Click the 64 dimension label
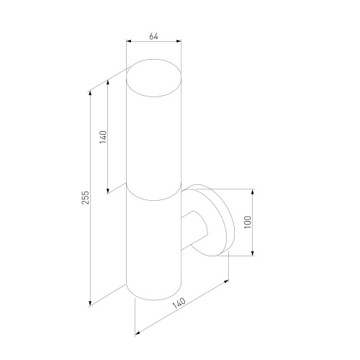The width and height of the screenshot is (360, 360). [x=153, y=37]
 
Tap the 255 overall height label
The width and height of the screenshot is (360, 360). [x=86, y=197]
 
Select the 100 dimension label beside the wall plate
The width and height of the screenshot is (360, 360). [x=248, y=222]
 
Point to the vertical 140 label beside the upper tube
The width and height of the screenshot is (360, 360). [x=103, y=137]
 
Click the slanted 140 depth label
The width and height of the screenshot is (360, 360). [x=179, y=303]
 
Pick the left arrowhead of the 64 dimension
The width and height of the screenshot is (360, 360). [x=128, y=41]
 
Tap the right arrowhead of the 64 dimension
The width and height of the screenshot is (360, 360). [x=179, y=41]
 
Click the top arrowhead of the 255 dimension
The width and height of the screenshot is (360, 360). [x=90, y=93]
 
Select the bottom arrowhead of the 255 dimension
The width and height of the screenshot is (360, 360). [x=90, y=304]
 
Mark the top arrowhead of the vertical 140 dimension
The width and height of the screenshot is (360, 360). [x=108, y=82]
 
